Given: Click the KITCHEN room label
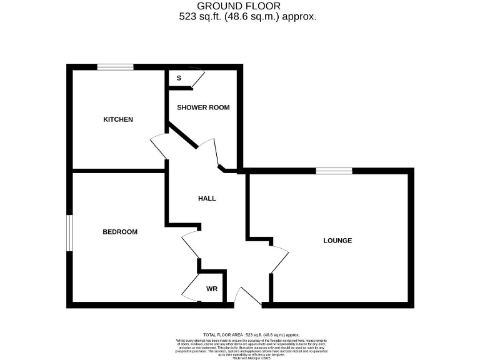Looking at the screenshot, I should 118,119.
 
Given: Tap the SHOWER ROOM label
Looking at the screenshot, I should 203,107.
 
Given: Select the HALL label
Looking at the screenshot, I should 207,199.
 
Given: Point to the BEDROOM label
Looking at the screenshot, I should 120,232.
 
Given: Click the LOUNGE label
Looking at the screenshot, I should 337,241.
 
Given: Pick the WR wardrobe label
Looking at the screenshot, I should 211,289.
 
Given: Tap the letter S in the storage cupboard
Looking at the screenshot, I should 179,78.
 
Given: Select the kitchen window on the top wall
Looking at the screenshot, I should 115,67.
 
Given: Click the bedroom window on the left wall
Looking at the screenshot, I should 69,234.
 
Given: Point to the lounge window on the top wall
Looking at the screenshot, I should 334,171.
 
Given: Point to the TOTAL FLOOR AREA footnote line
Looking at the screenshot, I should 252,335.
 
